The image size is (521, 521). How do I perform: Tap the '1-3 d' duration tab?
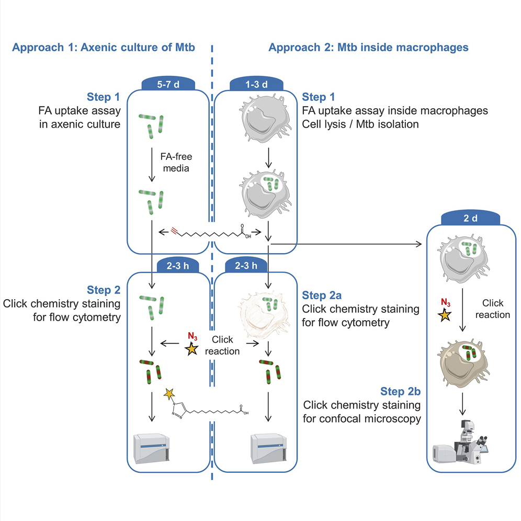click(256, 84)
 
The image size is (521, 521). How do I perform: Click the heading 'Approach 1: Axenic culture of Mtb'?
click(104, 47)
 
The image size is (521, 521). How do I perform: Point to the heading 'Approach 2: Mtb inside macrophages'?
click(368, 47)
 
